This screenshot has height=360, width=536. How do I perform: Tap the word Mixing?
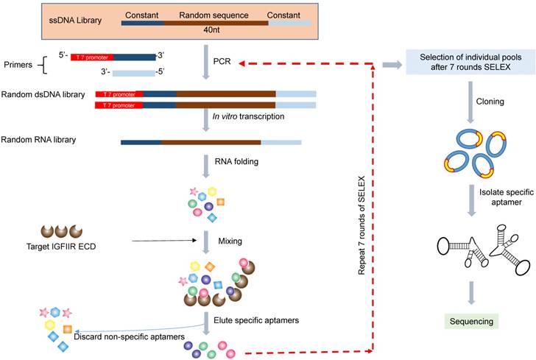(230, 240)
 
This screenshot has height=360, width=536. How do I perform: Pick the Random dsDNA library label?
(43, 95)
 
